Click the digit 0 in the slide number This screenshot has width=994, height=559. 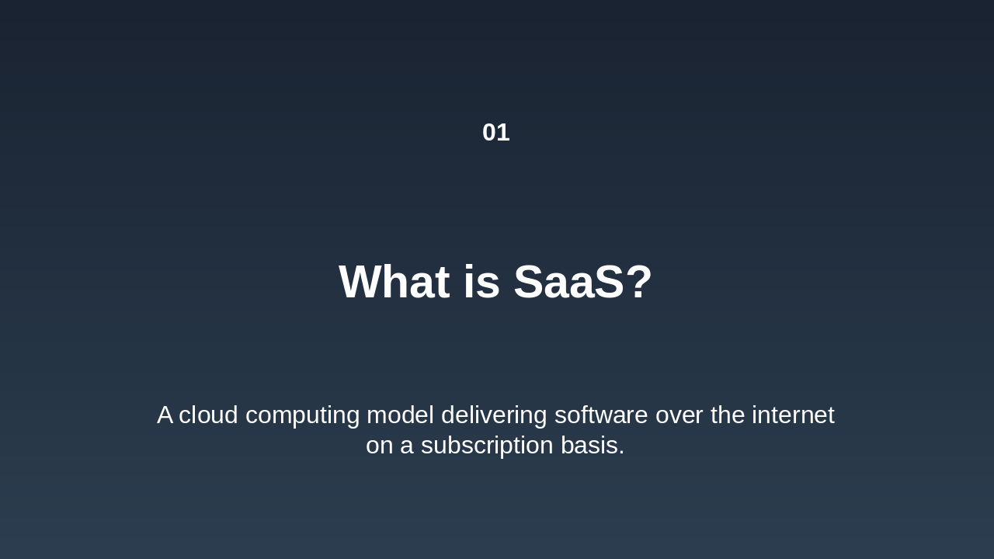point(489,133)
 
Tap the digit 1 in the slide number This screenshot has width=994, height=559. point(503,133)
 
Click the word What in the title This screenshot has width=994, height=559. point(394,282)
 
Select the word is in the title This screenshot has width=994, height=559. point(481,282)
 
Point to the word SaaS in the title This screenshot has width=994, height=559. point(568,282)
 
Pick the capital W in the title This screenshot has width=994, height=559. point(360,282)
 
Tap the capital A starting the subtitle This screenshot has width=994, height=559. point(165,415)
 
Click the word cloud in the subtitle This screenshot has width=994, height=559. point(208,415)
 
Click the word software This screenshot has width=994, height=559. point(601,415)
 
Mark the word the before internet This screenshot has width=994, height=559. point(728,415)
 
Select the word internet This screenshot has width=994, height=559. point(793,415)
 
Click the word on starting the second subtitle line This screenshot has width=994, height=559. point(380,446)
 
